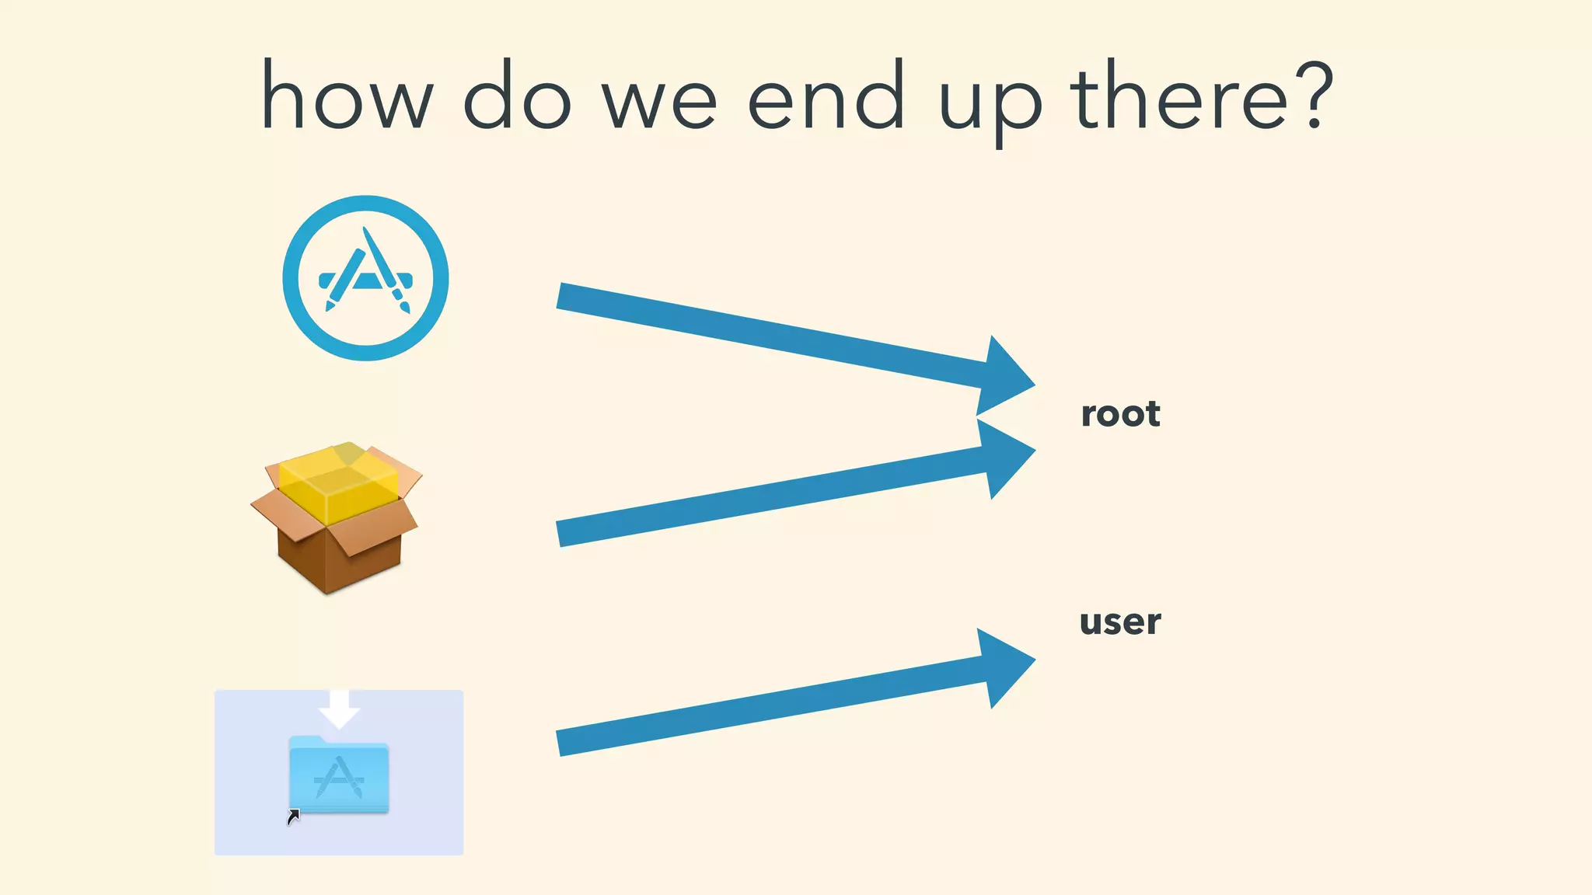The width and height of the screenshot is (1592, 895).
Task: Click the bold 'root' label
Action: click(1120, 414)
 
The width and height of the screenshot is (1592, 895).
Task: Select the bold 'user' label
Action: click(1120, 622)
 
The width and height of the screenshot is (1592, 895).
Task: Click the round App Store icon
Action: click(365, 278)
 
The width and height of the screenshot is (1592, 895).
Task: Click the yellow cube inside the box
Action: click(339, 482)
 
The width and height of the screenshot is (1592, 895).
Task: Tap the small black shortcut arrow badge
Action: click(293, 817)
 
